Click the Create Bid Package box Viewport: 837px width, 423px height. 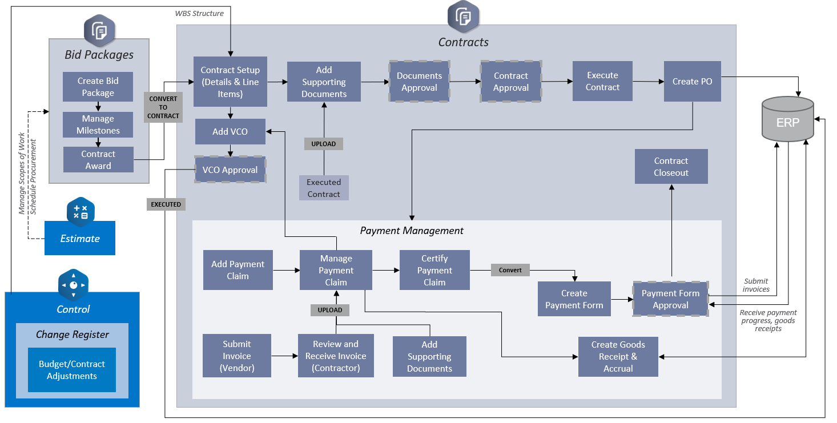tap(98, 87)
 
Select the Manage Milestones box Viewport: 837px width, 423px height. tap(98, 124)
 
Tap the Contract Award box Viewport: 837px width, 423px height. tap(98, 160)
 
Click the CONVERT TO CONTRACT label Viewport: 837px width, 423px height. tap(163, 107)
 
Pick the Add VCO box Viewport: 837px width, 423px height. tap(230, 131)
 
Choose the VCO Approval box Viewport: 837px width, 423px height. tap(230, 170)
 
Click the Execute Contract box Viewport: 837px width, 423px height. tap(602, 81)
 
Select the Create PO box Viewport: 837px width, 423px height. tap(692, 81)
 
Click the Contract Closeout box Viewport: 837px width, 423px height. tap(671, 167)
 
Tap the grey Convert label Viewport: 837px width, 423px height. tap(510, 269)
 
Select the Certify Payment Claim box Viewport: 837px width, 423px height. tap(434, 270)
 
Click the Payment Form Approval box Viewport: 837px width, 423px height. tap(670, 299)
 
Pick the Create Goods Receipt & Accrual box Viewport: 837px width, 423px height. tap(618, 357)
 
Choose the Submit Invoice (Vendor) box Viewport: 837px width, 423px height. tap(236, 356)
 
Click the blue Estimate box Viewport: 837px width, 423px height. tap(80, 238)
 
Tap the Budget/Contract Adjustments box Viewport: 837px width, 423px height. tap(72, 370)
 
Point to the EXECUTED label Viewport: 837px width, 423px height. tap(166, 204)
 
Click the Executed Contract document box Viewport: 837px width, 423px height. tap(324, 188)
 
